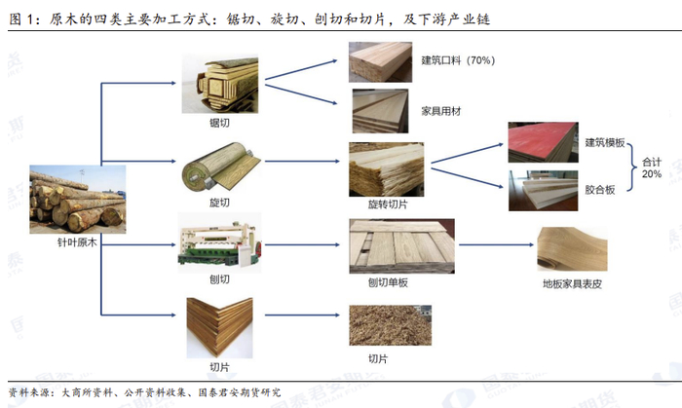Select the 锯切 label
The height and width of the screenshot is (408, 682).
point(219,122)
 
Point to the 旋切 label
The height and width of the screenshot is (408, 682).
point(219,202)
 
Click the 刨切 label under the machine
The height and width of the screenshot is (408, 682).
point(219,279)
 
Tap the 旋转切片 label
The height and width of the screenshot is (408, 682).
point(388,204)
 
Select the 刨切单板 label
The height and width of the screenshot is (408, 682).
point(388,283)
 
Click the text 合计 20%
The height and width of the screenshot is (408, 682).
point(651,167)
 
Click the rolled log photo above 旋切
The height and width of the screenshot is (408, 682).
point(219,167)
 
